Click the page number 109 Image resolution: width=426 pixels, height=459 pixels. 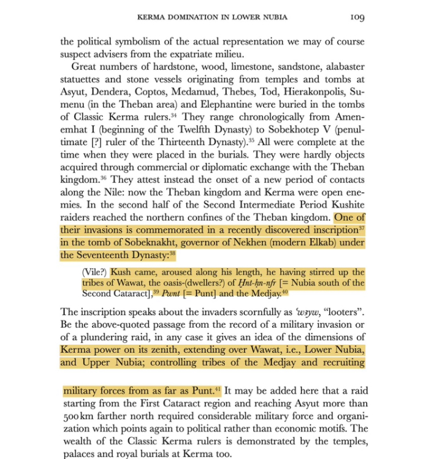coord(357,17)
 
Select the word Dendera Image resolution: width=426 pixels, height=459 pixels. coord(109,91)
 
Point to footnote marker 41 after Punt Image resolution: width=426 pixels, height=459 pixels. coord(218,388)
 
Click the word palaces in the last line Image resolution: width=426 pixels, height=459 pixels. coord(79,454)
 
